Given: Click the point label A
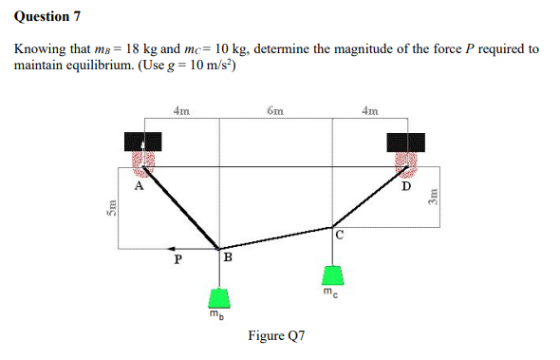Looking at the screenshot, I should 139,186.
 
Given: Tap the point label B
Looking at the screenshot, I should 228,256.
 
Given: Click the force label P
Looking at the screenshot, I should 174,257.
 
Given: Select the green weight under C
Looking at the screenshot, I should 331,276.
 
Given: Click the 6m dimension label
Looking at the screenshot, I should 275,111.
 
